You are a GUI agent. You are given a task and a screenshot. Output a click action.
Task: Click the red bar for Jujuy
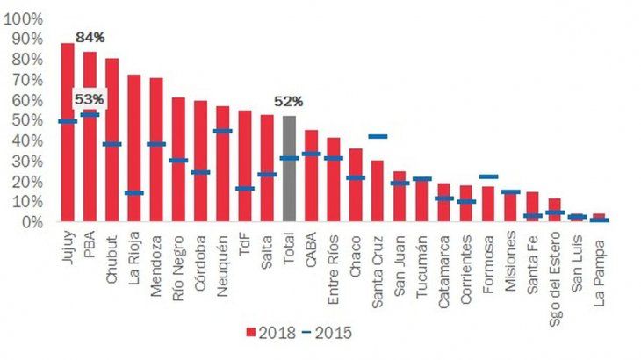click(68, 132)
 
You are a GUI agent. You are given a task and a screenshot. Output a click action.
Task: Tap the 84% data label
click(90, 37)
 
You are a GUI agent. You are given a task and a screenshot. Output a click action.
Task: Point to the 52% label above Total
click(289, 102)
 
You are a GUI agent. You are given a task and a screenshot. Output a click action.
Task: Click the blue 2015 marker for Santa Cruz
click(378, 137)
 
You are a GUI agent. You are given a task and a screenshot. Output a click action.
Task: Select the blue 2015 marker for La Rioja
click(133, 193)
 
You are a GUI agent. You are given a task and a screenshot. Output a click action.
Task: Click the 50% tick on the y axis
click(27, 120)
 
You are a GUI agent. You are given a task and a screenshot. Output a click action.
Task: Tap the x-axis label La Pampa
click(599, 259)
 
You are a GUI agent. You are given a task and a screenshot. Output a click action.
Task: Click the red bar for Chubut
click(112, 140)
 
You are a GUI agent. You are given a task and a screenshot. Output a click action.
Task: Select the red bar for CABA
click(311, 176)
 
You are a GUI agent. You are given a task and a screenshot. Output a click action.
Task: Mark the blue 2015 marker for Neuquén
click(222, 132)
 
